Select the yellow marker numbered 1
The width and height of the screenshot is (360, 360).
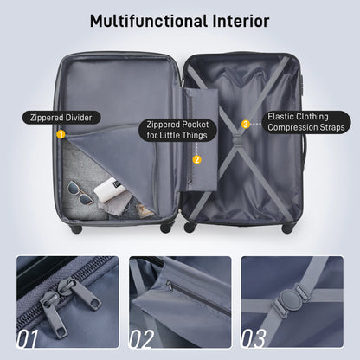point(61,134)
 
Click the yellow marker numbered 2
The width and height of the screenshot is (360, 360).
point(196,159)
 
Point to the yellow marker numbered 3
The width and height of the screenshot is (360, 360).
point(246,124)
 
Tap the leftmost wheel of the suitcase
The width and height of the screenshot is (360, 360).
point(76,229)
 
